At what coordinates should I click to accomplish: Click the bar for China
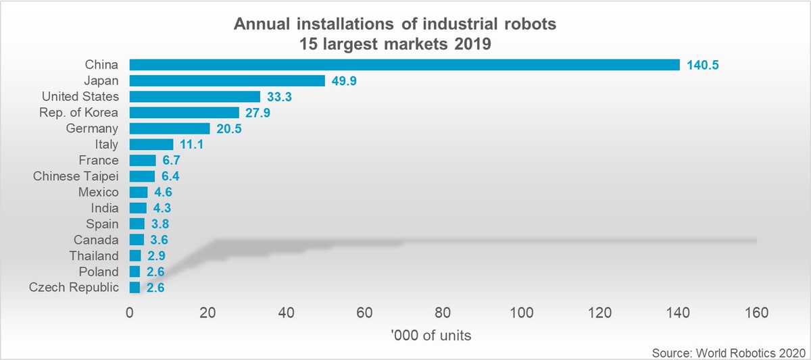404,65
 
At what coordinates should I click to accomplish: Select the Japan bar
227,80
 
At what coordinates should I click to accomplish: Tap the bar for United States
195,97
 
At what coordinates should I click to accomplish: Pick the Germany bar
170,128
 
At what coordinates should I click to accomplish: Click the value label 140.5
706,65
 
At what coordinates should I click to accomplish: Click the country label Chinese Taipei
76,176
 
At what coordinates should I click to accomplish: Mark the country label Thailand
94,256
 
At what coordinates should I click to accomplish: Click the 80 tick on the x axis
443,313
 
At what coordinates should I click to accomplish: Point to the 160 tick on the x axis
756,313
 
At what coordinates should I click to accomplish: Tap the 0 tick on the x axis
130,313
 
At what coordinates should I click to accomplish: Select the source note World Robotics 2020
725,353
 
